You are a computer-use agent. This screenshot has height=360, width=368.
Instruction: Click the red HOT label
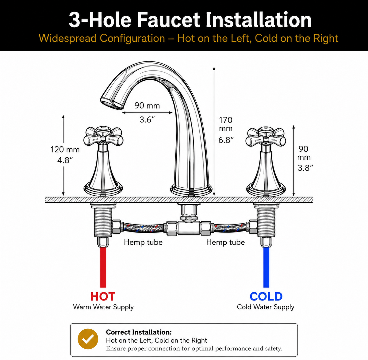(103, 296)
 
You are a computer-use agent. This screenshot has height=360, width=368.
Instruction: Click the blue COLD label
(266, 296)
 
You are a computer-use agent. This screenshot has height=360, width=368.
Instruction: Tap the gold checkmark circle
(88, 339)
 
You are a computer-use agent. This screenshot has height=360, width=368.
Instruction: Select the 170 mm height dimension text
(226, 124)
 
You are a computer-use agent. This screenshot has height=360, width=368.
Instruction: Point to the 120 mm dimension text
(65, 150)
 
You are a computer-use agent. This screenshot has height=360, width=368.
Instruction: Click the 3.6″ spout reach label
(147, 120)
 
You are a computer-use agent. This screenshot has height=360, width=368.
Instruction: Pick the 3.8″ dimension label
(305, 168)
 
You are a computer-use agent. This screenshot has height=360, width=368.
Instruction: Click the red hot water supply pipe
(103, 267)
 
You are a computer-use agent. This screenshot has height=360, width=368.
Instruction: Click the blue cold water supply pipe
(266, 267)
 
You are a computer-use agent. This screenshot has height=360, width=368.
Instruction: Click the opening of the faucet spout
(112, 104)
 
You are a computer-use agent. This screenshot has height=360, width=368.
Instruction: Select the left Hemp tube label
(143, 242)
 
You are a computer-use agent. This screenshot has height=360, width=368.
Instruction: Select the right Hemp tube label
(226, 242)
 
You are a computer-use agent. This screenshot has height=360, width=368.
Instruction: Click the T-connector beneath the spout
(189, 228)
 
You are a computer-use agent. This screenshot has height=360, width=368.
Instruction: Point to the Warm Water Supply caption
(103, 307)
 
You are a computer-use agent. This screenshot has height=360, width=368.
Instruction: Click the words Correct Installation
(139, 332)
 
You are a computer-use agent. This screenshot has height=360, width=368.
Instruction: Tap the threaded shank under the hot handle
(103, 223)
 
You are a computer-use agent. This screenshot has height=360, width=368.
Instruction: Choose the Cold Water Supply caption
(266, 307)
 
